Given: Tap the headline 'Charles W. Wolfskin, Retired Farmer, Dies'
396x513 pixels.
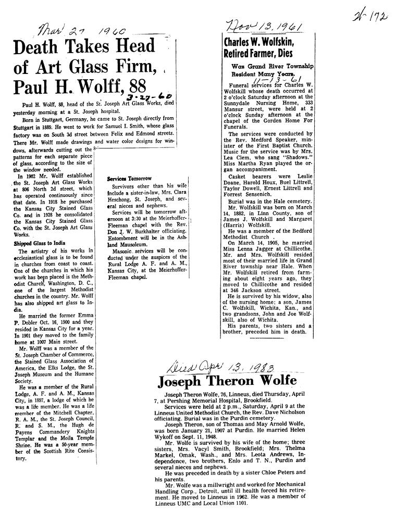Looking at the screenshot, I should (x=258, y=48).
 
